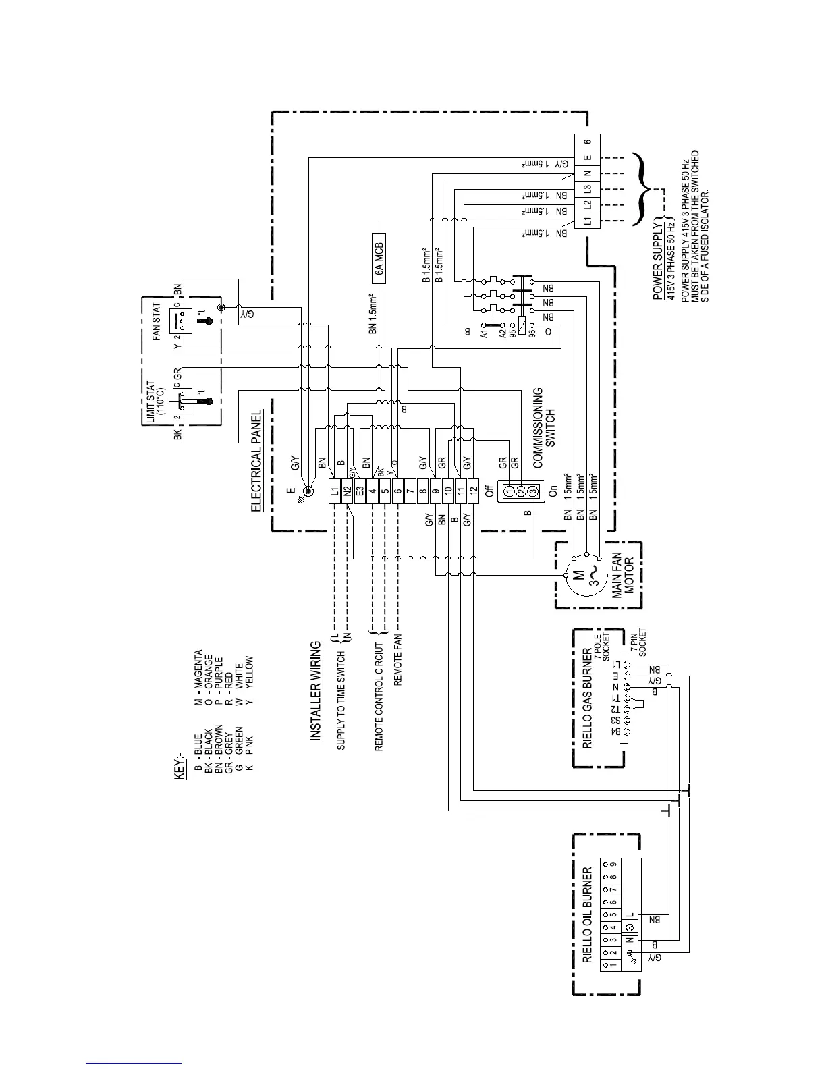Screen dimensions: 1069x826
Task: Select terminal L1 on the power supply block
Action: (587, 220)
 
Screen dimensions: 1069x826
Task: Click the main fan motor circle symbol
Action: (579, 576)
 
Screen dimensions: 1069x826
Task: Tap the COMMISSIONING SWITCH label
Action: (543, 418)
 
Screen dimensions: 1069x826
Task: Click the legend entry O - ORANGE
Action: (209, 670)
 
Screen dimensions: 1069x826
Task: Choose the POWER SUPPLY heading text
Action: (659, 259)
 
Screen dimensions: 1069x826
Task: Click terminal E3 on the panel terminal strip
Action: (360, 489)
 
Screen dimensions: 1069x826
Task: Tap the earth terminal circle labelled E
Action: (308, 491)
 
